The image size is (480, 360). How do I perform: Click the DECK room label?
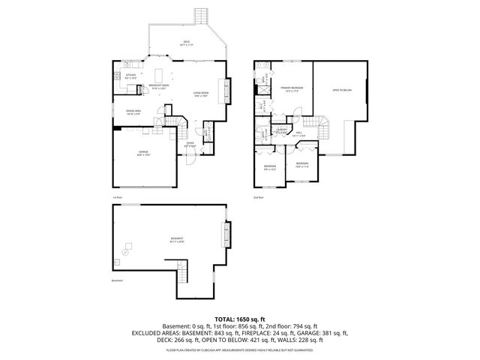point(186,42)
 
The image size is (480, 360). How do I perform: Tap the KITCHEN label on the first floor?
point(130,75)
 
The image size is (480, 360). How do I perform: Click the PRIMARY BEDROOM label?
point(292,88)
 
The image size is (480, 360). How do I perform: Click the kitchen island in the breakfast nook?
point(160,75)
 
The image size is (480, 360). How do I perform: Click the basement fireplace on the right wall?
point(225,235)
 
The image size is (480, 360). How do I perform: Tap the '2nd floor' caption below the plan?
point(258,197)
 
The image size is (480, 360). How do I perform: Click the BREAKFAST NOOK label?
point(158,85)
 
